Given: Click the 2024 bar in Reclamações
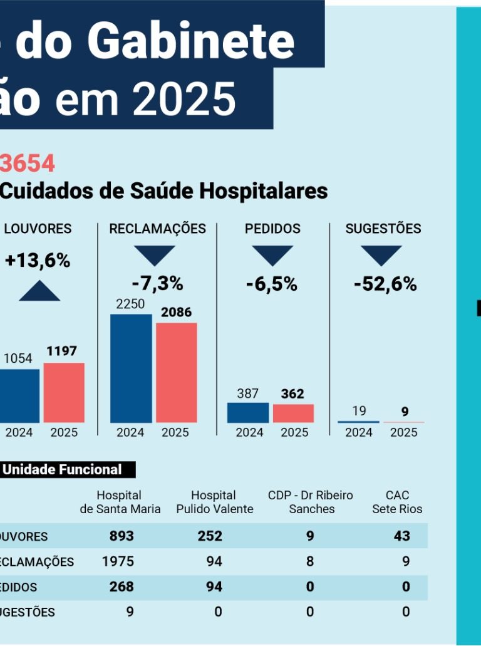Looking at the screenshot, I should click(x=131, y=368).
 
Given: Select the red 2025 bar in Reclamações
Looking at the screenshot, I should click(x=176, y=372).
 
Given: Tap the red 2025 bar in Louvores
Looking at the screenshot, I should click(x=64, y=392).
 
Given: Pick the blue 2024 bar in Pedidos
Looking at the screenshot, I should click(x=247, y=412).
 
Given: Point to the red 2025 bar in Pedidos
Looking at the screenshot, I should click(x=293, y=413).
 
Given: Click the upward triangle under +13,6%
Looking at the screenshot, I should click(x=39, y=291).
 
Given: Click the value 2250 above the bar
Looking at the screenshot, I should click(x=130, y=304).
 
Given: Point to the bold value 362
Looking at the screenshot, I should click(x=292, y=394).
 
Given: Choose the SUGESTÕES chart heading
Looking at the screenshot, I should click(x=383, y=229).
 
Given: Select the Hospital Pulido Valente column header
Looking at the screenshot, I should click(x=214, y=502).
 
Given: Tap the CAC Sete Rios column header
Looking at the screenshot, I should click(x=397, y=502).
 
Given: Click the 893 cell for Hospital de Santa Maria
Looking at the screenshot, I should click(x=122, y=536).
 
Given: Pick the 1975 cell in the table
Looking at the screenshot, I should click(x=118, y=561).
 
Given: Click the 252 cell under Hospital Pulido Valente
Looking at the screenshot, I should click(x=209, y=536).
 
